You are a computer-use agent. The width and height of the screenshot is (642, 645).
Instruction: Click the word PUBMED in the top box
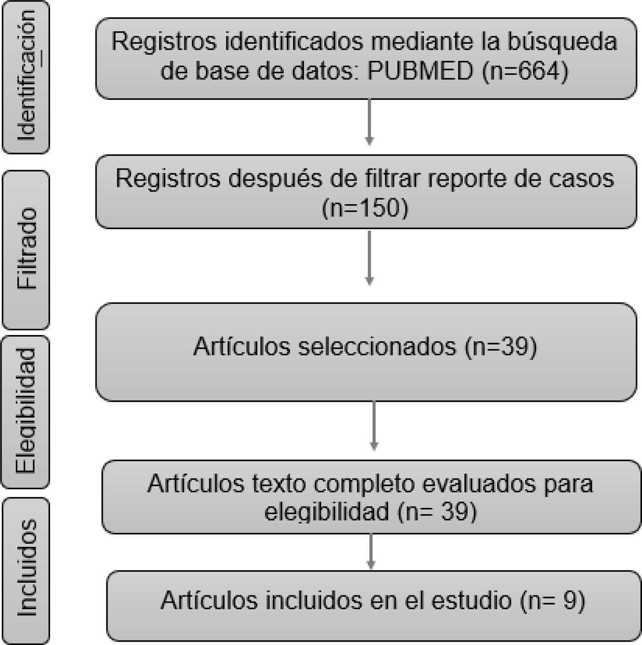[x=420, y=71]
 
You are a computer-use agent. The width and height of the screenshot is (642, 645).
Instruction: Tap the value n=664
[x=526, y=71]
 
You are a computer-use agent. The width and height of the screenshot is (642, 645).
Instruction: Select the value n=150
[x=365, y=208]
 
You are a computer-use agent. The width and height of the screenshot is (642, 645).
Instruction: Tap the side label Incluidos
[x=27, y=568]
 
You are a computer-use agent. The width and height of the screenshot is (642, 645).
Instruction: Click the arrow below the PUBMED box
[x=369, y=122]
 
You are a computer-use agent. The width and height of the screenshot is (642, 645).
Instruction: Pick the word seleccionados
[x=377, y=346]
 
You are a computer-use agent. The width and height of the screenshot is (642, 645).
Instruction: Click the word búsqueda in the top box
[x=562, y=42]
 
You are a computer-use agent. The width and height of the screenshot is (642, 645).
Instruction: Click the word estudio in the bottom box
[x=471, y=600]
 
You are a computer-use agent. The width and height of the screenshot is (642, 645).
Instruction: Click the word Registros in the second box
[x=167, y=178]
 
